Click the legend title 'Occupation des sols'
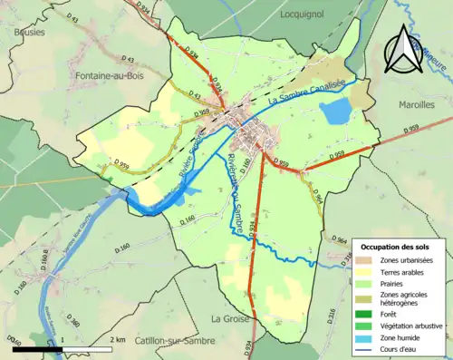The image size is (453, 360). pyautogui.click(x=396, y=247)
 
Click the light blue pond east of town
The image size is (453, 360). pyautogui.click(x=334, y=112)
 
